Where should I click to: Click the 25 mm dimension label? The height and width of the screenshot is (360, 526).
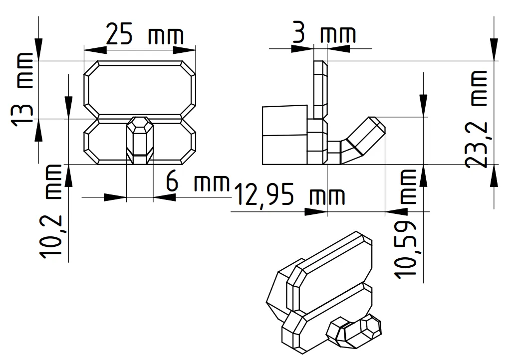click(145, 36)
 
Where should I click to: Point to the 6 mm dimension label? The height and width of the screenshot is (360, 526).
click(197, 183)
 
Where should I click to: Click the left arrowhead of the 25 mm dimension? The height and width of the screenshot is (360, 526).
click(95, 50)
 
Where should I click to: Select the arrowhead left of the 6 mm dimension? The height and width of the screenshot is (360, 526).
click(115, 197)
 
